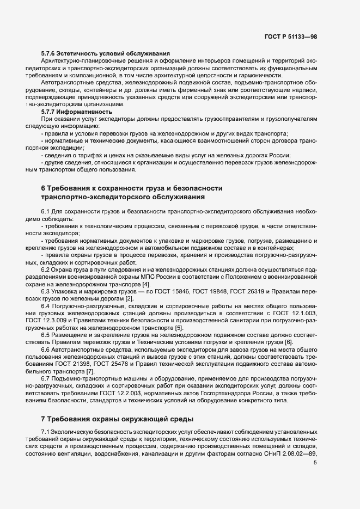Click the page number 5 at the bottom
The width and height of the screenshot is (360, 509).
tap(315, 463)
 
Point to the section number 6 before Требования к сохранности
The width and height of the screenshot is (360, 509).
tap(43, 188)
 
